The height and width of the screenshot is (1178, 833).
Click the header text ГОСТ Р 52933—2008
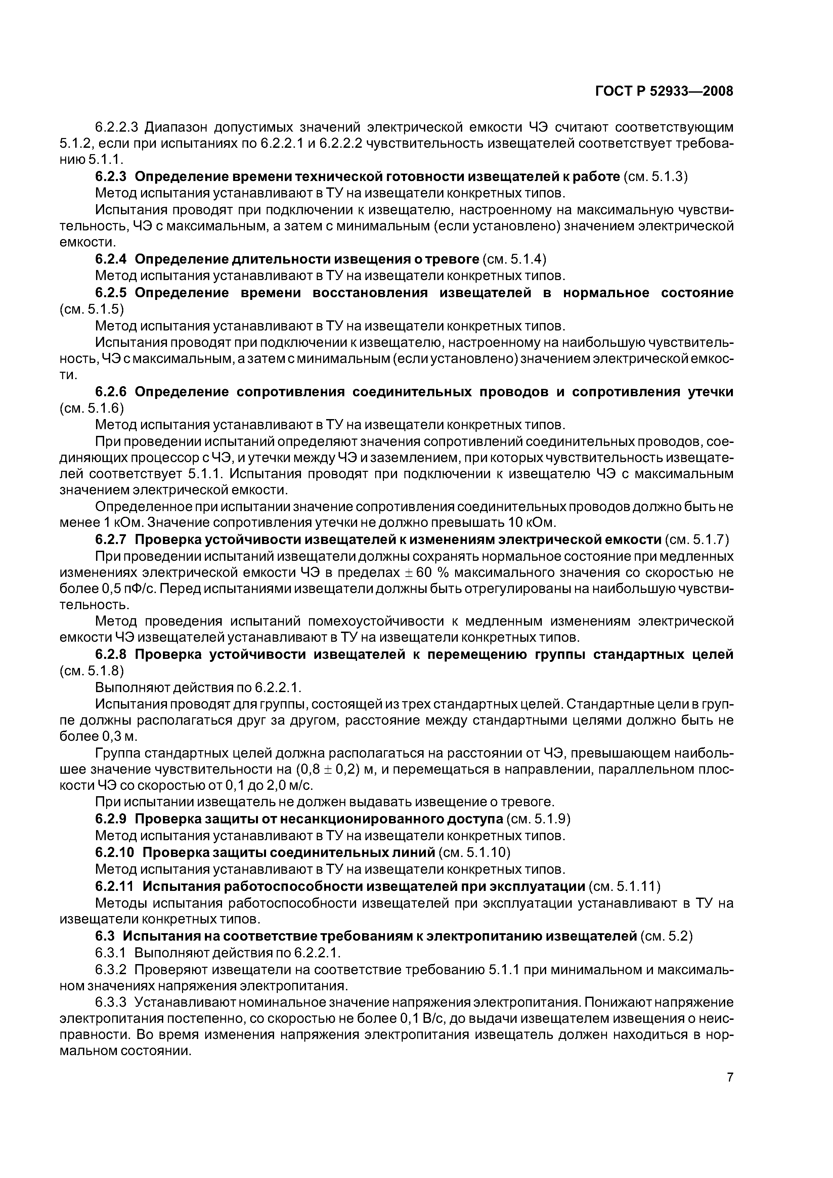click(x=664, y=91)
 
